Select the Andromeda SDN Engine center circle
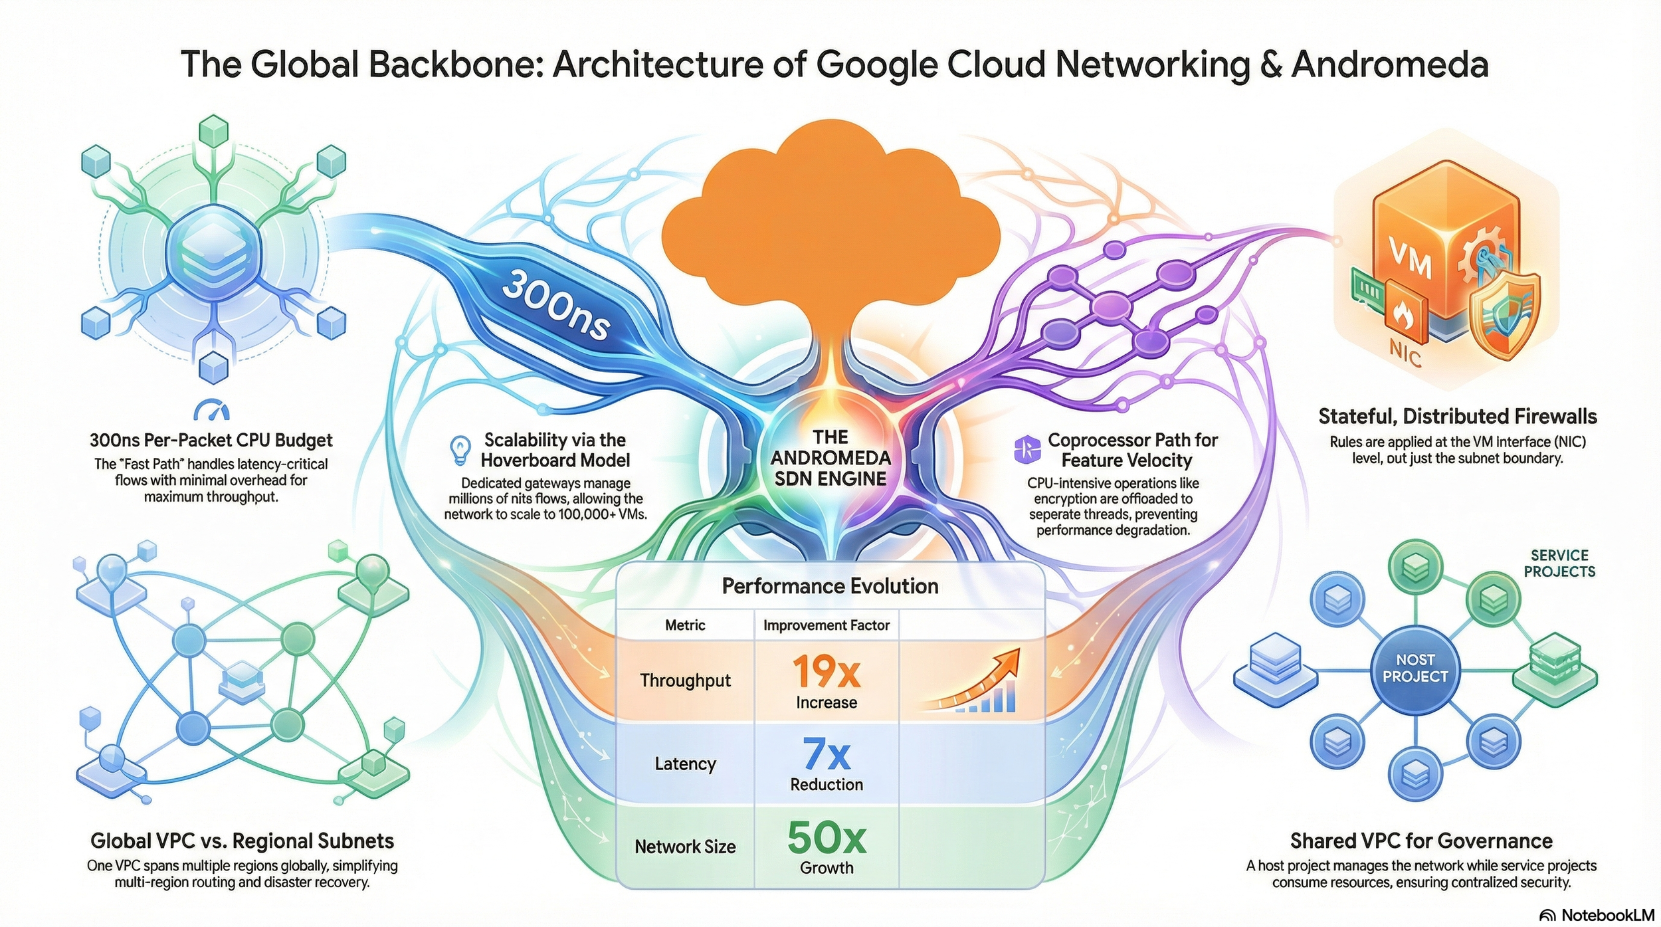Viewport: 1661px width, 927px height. click(830, 458)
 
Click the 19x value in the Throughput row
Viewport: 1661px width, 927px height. click(826, 672)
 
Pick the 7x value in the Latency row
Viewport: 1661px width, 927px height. click(826, 755)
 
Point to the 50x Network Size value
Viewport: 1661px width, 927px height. click(826, 838)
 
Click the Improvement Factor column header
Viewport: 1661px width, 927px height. click(826, 625)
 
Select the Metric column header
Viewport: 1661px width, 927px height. click(685, 625)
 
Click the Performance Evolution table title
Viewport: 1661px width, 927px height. click(830, 586)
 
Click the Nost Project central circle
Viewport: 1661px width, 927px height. click(1415, 669)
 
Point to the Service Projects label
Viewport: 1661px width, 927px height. click(1559, 564)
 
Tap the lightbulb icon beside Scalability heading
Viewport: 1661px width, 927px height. click(460, 450)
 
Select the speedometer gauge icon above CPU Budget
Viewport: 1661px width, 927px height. click(211, 410)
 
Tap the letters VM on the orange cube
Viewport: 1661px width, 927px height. click(1410, 258)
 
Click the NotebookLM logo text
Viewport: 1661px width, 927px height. click(1607, 915)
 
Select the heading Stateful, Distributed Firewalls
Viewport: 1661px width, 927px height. click(1457, 417)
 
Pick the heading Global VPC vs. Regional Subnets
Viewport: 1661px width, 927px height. click(242, 841)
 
